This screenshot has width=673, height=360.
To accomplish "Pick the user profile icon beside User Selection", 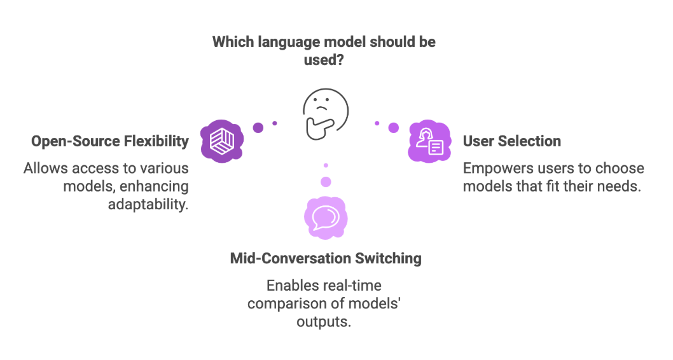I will click(x=429, y=141).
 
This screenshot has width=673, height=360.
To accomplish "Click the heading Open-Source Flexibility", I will click(x=110, y=141).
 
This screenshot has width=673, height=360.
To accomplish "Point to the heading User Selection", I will click(x=512, y=141).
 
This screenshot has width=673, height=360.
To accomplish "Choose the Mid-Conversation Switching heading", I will click(x=326, y=258).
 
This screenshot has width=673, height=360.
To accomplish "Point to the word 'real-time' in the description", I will click(x=351, y=286).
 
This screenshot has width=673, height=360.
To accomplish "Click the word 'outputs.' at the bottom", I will click(x=324, y=321).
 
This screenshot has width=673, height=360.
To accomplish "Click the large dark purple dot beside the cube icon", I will click(x=258, y=127).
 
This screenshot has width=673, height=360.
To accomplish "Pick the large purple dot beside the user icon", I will click(x=394, y=127).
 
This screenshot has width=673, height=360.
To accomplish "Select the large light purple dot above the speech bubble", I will click(x=326, y=182).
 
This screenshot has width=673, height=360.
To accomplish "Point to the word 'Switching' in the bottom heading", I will click(x=390, y=258).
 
